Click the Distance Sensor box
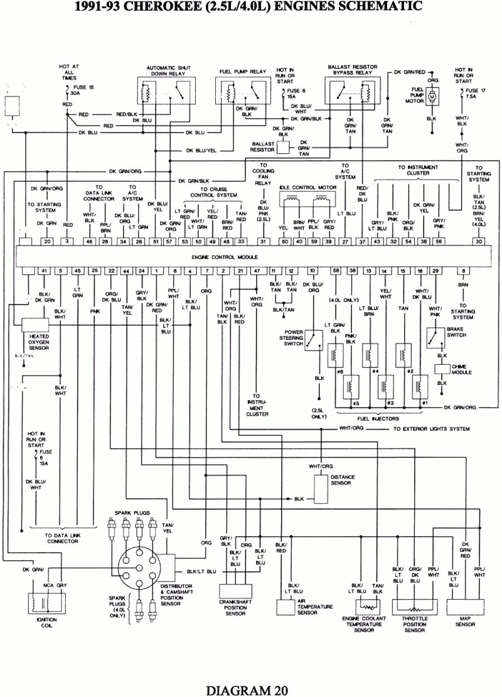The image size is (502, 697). pyautogui.click(x=321, y=484)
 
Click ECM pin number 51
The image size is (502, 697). pyautogui.click(x=156, y=241)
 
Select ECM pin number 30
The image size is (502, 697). pyautogui.click(x=479, y=241)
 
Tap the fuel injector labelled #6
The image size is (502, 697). pyautogui.click(x=338, y=355)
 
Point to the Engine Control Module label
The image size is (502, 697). pyautogui.click(x=251, y=257)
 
